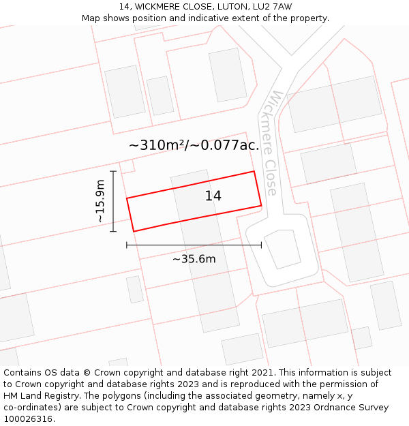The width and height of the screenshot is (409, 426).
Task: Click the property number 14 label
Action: click(213, 196)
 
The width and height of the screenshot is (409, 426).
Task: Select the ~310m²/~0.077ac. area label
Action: click(194, 145)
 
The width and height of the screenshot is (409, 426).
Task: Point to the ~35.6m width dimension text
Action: click(194, 259)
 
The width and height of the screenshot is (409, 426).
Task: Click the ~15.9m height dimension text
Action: click(100, 201)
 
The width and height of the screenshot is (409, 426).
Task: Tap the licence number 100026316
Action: click(29, 419)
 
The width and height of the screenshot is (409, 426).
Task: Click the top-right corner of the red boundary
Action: click(254, 171)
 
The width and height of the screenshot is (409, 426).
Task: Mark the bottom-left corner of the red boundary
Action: click(134, 231)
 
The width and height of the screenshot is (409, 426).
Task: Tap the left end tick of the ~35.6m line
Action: click(127, 245)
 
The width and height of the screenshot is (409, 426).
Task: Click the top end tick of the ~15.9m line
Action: click(113, 171)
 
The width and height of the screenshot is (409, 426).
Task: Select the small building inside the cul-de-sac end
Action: click(283, 249)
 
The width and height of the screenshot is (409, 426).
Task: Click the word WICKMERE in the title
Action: click(159, 7)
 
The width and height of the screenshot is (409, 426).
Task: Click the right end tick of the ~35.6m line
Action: click(261, 245)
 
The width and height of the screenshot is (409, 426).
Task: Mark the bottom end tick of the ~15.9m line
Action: click(113, 232)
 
